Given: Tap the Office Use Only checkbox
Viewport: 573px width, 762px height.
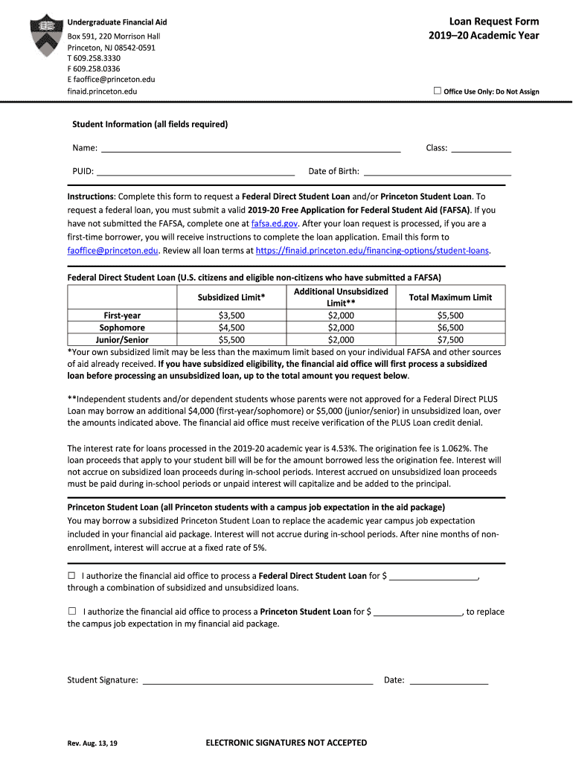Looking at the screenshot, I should coord(438,91).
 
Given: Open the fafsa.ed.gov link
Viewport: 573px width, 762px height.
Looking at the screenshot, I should coord(275,223).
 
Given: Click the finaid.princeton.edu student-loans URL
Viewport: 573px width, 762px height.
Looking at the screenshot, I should coord(372,251).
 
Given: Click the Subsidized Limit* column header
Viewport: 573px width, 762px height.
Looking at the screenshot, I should coord(231,297).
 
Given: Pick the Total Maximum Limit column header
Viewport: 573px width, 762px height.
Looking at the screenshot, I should coord(450,297).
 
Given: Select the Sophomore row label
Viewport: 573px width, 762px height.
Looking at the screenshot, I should coord(122,327).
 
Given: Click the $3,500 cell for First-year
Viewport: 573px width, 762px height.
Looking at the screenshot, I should coord(231,316).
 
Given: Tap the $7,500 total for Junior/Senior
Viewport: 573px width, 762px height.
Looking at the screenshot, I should coord(450,339).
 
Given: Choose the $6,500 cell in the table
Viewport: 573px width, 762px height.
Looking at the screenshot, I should coord(450,327).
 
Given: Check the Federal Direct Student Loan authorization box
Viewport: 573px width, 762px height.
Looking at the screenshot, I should coord(72,575).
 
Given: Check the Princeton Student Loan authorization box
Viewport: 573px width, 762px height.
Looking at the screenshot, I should coord(72,611).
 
